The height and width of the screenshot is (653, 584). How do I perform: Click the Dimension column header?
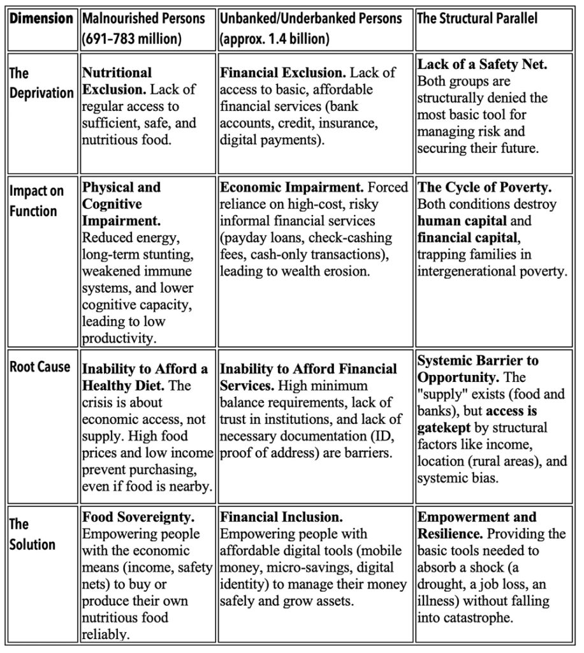click(x=41, y=18)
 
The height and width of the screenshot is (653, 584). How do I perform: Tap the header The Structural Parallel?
click(x=476, y=18)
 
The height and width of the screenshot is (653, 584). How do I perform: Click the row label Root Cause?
click(x=40, y=367)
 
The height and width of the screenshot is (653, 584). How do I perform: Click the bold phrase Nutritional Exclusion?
click(x=118, y=81)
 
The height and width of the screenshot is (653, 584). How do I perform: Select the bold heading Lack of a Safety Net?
click(x=482, y=64)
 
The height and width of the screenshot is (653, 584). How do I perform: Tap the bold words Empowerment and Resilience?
click(x=476, y=525)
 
